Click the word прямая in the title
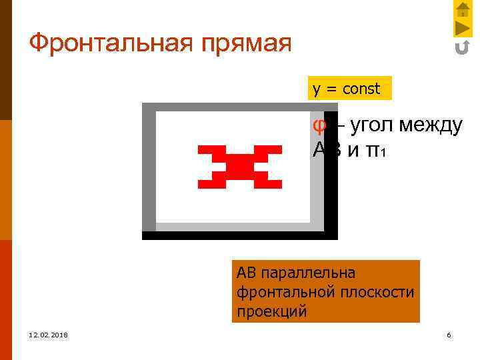click(249, 45)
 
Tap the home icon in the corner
click(463, 9)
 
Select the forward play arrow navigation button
click(463, 28)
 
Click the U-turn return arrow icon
click(462, 47)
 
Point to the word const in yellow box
click(361, 89)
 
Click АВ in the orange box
click(246, 273)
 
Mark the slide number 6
click(449, 335)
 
